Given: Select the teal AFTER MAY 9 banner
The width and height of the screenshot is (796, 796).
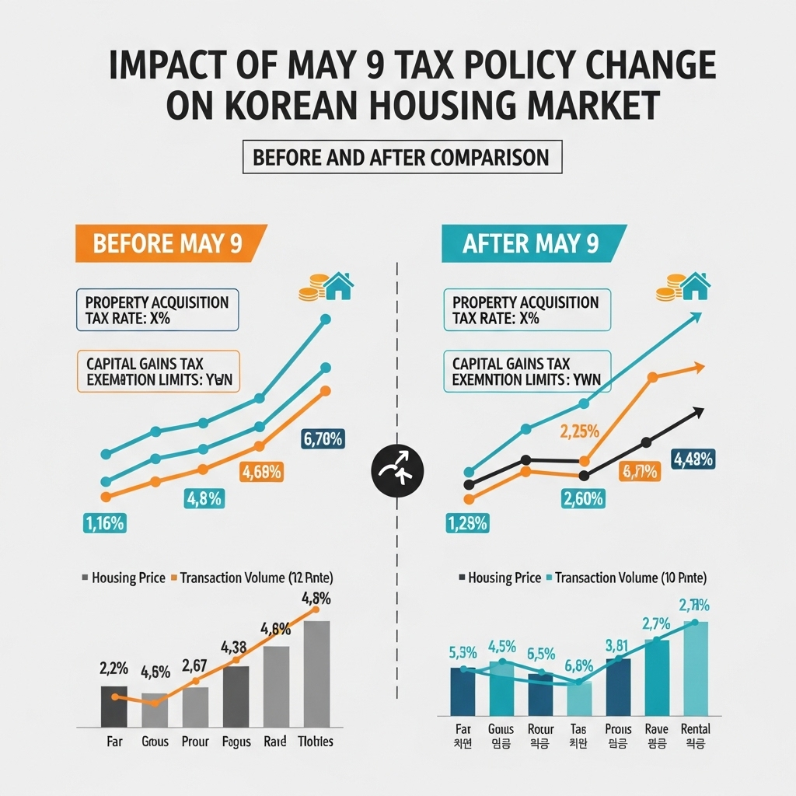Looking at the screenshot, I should click(x=530, y=243).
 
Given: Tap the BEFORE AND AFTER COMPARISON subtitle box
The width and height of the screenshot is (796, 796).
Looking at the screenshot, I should click(x=401, y=157).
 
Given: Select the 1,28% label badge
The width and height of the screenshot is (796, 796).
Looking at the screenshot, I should click(x=467, y=523).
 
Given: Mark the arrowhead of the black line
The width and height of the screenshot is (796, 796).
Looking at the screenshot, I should click(x=698, y=412).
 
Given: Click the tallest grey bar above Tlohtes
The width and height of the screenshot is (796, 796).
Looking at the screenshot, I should click(x=316, y=673).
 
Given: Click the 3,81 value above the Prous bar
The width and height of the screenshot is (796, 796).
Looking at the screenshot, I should click(x=618, y=644).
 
